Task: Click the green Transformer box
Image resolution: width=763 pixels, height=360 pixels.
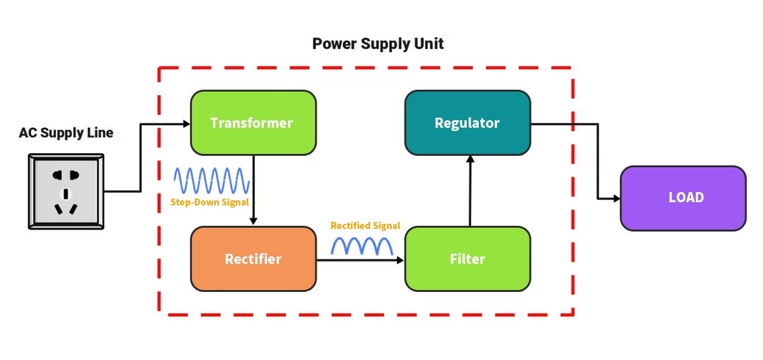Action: coord(253,123)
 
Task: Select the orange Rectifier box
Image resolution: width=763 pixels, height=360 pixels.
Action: coord(253,259)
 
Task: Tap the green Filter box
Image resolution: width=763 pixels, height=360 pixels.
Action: coord(467,259)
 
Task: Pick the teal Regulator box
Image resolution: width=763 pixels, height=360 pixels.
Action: coord(467,123)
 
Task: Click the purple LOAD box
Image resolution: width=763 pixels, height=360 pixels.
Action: coord(682,198)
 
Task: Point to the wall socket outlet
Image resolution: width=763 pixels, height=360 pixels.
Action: coord(65,190)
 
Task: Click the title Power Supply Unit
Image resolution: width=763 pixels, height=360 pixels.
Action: coord(378,44)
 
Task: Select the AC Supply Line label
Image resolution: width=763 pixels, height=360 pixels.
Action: coord(65,133)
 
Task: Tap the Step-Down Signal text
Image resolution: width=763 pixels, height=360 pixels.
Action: coord(209,202)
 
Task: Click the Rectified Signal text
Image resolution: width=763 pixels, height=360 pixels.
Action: coord(365,226)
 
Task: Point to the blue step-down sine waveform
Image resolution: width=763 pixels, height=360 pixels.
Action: coord(212,180)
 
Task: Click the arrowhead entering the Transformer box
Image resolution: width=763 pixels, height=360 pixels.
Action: coord(186,123)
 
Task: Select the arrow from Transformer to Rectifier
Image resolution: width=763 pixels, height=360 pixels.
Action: coord(254,191)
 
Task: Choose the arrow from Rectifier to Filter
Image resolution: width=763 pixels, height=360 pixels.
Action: coord(361,260)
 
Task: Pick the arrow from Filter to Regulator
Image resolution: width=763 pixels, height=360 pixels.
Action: coord(470,191)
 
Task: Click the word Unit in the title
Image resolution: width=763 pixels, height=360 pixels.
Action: coord(430,44)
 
